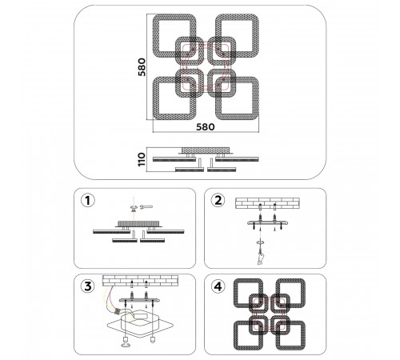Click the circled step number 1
tap(88, 200)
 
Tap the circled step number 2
tap(218, 200)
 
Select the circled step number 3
tap(88, 286)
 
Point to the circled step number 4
tap(218, 286)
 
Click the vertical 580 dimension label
tap(142, 67)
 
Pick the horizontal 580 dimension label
tap(206, 127)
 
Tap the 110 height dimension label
tap(142, 159)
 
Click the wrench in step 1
tap(146, 206)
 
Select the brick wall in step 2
tap(267, 203)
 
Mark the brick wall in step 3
tap(140, 281)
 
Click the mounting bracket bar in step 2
tap(268, 222)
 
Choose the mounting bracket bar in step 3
tap(139, 300)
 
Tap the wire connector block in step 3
tap(118, 311)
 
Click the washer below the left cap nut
tap(125, 346)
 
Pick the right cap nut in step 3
tap(153, 339)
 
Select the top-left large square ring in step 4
tap(248, 293)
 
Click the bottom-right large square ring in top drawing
tap(237, 98)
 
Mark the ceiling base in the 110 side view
tap(206, 150)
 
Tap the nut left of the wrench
tap(133, 207)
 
